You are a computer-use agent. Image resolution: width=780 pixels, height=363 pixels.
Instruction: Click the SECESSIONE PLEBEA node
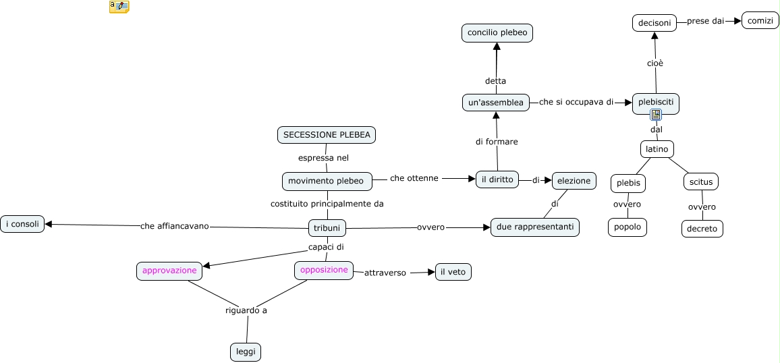click(x=327, y=135)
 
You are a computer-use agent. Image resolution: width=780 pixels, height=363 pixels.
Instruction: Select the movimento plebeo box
click(x=327, y=181)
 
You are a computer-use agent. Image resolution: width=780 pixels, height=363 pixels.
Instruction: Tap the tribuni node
click(x=327, y=228)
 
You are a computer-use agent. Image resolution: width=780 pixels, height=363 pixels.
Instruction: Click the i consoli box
click(x=22, y=224)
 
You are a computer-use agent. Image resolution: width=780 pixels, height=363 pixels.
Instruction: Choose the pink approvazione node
click(x=169, y=271)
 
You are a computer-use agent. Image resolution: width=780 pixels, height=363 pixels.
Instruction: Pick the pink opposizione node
click(x=324, y=270)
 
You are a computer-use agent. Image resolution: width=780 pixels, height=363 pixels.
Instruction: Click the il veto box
click(x=453, y=272)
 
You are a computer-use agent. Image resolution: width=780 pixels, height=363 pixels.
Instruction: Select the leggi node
click(x=245, y=352)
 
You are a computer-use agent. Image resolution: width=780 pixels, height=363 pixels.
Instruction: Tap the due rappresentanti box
click(x=534, y=227)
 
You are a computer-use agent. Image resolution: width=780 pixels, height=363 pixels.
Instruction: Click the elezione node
click(x=574, y=180)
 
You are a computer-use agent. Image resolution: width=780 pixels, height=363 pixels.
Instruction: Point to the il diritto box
click(x=497, y=179)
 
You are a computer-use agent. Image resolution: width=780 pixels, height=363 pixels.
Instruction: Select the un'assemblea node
click(x=496, y=103)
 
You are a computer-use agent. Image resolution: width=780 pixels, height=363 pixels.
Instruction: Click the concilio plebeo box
click(x=497, y=32)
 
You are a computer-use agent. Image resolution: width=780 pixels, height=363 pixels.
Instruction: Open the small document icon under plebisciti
click(x=656, y=115)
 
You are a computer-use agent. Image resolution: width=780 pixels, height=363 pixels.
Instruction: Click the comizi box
click(x=760, y=21)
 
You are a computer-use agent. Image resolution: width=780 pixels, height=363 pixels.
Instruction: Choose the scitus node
click(x=700, y=181)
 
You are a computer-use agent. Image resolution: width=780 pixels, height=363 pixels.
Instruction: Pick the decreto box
click(x=702, y=229)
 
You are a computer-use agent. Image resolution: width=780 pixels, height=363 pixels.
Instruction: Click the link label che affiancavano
click(x=175, y=226)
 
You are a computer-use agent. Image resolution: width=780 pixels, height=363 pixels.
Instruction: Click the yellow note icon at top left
click(x=119, y=7)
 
